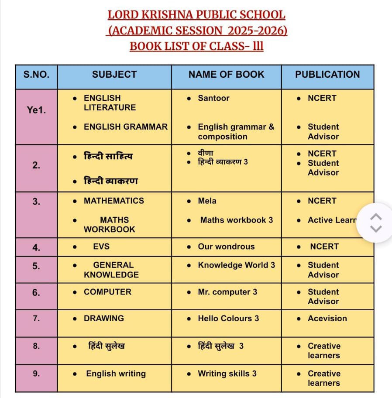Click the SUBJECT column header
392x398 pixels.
click(114, 75)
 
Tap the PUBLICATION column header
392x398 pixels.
click(327, 75)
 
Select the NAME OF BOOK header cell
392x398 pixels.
click(226, 75)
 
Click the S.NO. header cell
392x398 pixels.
click(36, 75)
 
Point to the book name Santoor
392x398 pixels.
click(213, 98)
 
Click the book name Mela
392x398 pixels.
click(207, 201)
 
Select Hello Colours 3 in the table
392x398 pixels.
click(228, 319)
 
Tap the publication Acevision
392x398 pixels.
click(327, 319)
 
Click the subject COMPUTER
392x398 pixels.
click(107, 292)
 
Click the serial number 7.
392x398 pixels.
click(36, 319)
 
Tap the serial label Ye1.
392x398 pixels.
click(36, 110)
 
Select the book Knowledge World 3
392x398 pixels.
click(236, 265)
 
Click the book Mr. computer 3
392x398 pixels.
click(227, 292)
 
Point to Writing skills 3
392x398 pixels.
click(227, 374)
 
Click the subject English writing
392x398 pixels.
click(116, 374)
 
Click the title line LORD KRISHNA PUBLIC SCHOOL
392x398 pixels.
click(196, 15)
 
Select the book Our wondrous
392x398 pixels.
click(226, 247)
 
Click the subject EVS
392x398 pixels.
click(101, 247)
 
